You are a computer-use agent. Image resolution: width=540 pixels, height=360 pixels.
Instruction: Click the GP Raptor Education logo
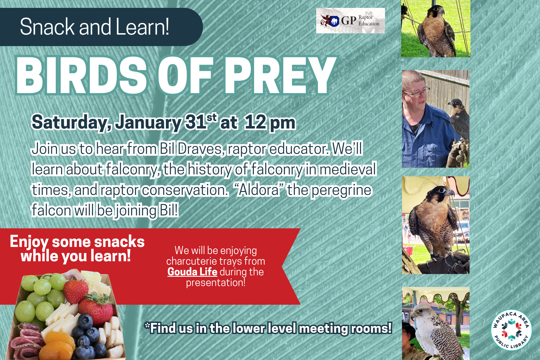pyautogui.click(x=350, y=21)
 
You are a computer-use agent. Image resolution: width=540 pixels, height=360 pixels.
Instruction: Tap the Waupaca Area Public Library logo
pyautogui.click(x=511, y=330)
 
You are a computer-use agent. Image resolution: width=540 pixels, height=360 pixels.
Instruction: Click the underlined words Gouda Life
pyautogui.click(x=192, y=272)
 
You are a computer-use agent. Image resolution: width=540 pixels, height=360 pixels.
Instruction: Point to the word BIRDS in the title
pyautogui.click(x=81, y=75)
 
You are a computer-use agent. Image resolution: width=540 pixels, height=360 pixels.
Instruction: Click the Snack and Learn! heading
pyautogui.click(x=94, y=27)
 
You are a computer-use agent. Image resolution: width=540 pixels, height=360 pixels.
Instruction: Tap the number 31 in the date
pyautogui.click(x=195, y=122)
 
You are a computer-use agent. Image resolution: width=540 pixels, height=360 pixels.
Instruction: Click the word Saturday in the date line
pyautogui.click(x=71, y=123)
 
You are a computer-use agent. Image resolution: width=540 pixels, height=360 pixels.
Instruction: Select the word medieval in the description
pyautogui.click(x=348, y=169)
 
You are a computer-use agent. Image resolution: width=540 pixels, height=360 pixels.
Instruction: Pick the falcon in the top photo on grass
pyautogui.click(x=435, y=31)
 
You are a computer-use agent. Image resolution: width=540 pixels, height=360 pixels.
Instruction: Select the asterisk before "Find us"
pyautogui.click(x=147, y=325)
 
